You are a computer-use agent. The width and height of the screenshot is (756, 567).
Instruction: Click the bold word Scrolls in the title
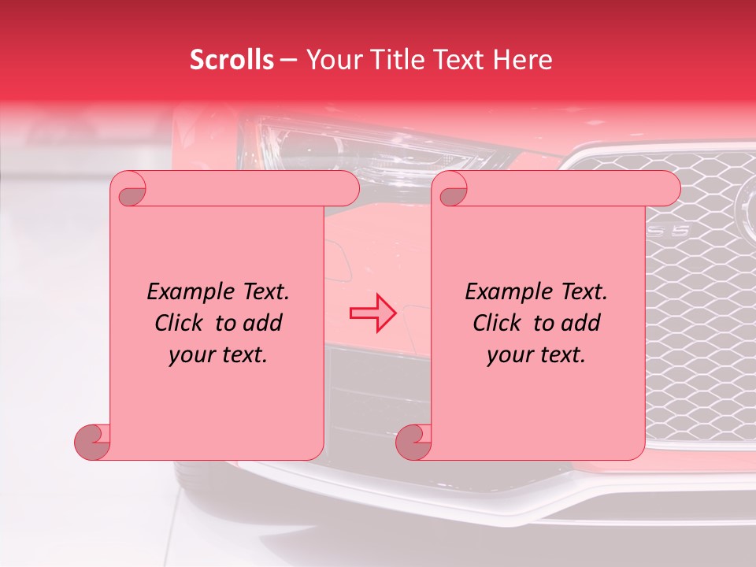(232, 60)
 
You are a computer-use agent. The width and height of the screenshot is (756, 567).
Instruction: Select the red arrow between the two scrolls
(372, 313)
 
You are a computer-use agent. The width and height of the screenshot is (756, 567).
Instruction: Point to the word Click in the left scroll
(182, 324)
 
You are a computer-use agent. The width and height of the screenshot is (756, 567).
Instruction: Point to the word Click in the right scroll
(500, 324)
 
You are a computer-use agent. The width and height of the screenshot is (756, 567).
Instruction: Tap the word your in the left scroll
(189, 355)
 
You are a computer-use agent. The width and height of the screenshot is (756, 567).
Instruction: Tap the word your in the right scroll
(507, 355)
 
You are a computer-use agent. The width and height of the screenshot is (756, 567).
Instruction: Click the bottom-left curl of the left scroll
(93, 443)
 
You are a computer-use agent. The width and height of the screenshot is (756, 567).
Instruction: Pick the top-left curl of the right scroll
(452, 190)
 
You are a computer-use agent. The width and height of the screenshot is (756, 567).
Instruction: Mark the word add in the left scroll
(263, 324)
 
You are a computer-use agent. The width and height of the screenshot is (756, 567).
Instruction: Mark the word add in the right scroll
(581, 324)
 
